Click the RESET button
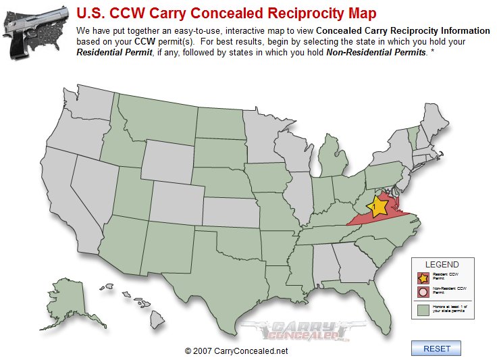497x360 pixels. point(436,349)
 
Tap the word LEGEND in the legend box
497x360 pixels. point(442,265)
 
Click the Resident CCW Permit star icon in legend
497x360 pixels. point(423,277)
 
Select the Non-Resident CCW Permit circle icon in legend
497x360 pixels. point(423,292)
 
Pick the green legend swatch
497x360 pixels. point(423,310)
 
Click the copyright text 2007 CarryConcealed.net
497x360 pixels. point(236,351)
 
